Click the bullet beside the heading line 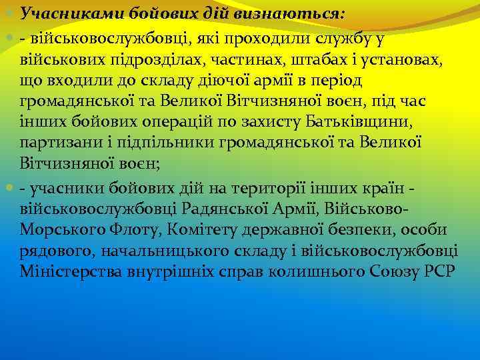[8, 13]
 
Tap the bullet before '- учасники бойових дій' [8, 189]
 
